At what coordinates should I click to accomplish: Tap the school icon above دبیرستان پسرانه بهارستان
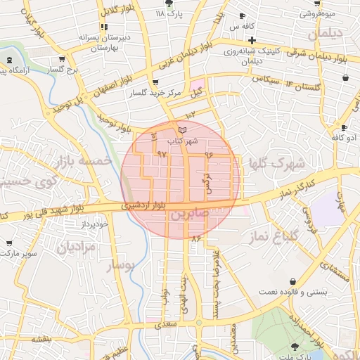pyautogui.click(x=104, y=27)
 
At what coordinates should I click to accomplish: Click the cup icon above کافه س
pyautogui.click(x=243, y=15)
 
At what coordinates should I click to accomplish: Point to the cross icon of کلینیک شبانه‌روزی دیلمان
pyautogui.click(x=251, y=41)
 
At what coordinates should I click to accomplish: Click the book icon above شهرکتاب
pyautogui.click(x=183, y=130)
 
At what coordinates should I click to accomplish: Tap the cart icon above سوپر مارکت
pyautogui.click(x=8, y=242)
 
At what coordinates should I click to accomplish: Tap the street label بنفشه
pyautogui.click(x=41, y=337)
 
